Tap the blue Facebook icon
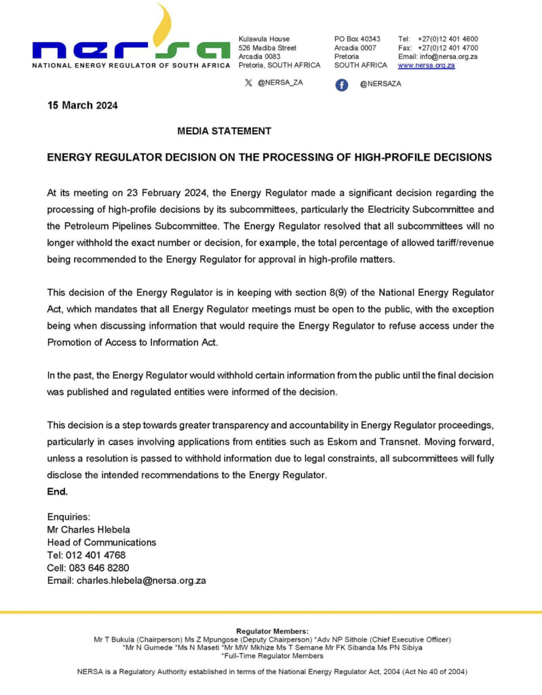[342, 84]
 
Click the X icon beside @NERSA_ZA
[248, 82]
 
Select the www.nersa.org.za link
[426, 65]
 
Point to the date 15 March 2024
[82, 105]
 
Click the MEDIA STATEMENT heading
[224, 131]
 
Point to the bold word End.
[57, 491]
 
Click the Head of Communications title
[101, 542]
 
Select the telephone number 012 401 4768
[94, 555]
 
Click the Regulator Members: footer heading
[271, 631]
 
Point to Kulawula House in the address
[264, 39]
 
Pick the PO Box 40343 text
[357, 39]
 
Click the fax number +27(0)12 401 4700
[448, 48]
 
